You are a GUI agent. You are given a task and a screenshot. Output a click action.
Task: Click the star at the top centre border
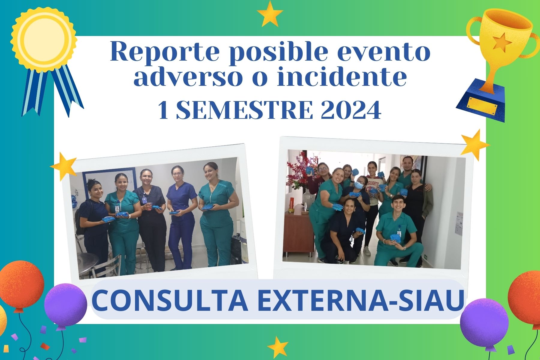tap(270, 14)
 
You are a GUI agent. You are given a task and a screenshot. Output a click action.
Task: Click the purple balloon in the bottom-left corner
tap(65, 304)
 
